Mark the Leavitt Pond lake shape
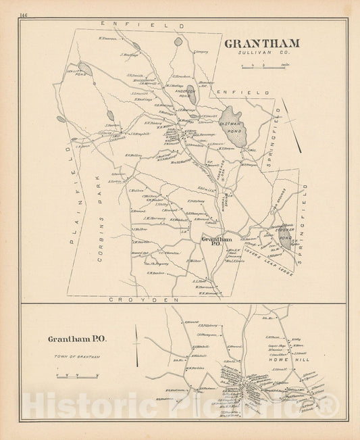85,68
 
